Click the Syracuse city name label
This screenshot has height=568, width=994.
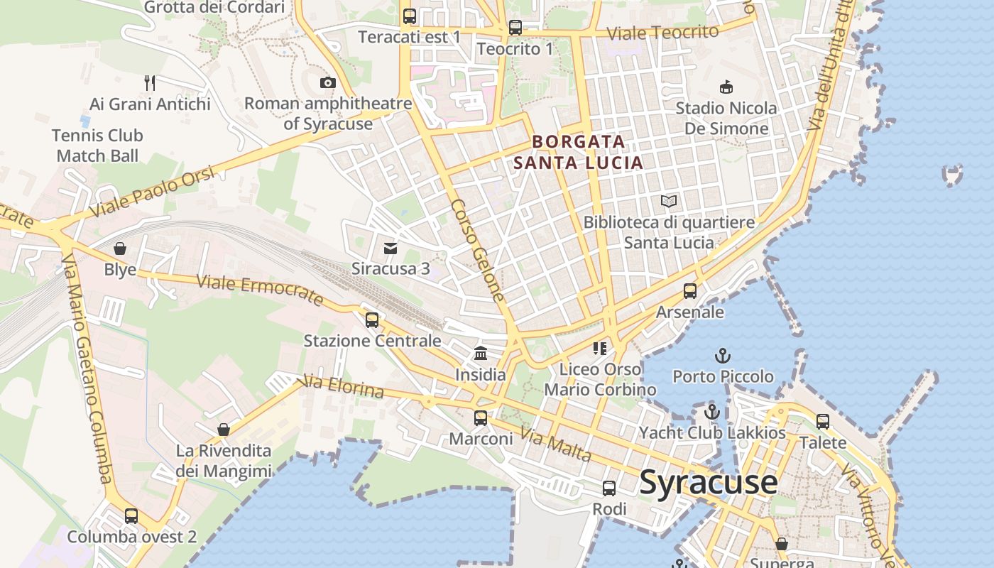(x=708, y=483)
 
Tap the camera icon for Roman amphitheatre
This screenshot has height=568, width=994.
(x=327, y=82)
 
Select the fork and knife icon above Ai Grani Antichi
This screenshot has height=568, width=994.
(x=149, y=82)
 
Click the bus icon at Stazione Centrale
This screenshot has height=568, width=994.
(x=372, y=319)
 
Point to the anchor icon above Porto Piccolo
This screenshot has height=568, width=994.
(x=722, y=355)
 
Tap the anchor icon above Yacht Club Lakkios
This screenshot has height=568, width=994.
(x=711, y=411)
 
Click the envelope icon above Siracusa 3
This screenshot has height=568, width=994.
(x=390, y=248)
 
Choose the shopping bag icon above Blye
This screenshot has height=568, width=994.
(x=120, y=248)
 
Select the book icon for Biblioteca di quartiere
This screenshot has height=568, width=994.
(x=668, y=201)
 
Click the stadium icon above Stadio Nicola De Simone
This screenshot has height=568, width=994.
(x=726, y=87)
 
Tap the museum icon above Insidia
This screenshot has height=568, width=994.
(x=481, y=353)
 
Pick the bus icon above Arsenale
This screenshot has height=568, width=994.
(x=689, y=290)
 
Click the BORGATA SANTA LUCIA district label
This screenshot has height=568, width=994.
(x=578, y=152)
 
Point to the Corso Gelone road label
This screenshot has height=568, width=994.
(x=478, y=250)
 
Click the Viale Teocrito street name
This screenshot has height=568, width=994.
(x=663, y=33)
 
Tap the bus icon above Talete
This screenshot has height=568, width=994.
(x=822, y=422)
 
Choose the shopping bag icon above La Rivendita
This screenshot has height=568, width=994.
(x=224, y=430)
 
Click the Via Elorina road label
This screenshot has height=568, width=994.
(x=343, y=387)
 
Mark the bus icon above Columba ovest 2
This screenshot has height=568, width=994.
(x=131, y=515)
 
